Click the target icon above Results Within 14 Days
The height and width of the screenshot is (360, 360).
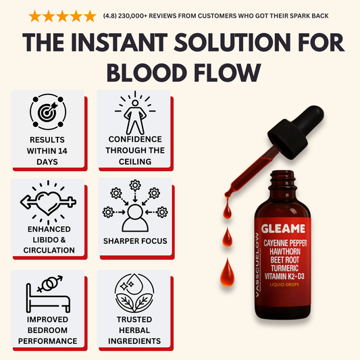(48, 112)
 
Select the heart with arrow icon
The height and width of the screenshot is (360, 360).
(48, 202)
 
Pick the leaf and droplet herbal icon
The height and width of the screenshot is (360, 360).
(134, 292)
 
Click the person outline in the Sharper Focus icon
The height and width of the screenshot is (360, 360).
(135, 218)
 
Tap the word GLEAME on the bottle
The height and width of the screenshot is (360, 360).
(283, 229)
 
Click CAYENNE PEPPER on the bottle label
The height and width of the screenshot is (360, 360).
(285, 243)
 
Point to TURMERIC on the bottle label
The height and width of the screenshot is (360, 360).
(285, 268)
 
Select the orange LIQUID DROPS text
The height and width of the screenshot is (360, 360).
(284, 285)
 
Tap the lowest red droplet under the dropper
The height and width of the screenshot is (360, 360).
(228, 273)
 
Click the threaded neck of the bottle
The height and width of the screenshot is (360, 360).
(282, 178)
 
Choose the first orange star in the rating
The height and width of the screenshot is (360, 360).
(35, 16)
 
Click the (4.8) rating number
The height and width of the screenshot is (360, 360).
(109, 16)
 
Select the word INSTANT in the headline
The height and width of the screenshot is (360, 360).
(120, 43)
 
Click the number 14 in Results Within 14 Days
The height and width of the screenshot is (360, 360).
(62, 151)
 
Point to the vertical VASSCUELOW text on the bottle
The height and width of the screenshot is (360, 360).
(257, 265)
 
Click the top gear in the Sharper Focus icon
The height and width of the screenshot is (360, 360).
(135, 185)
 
